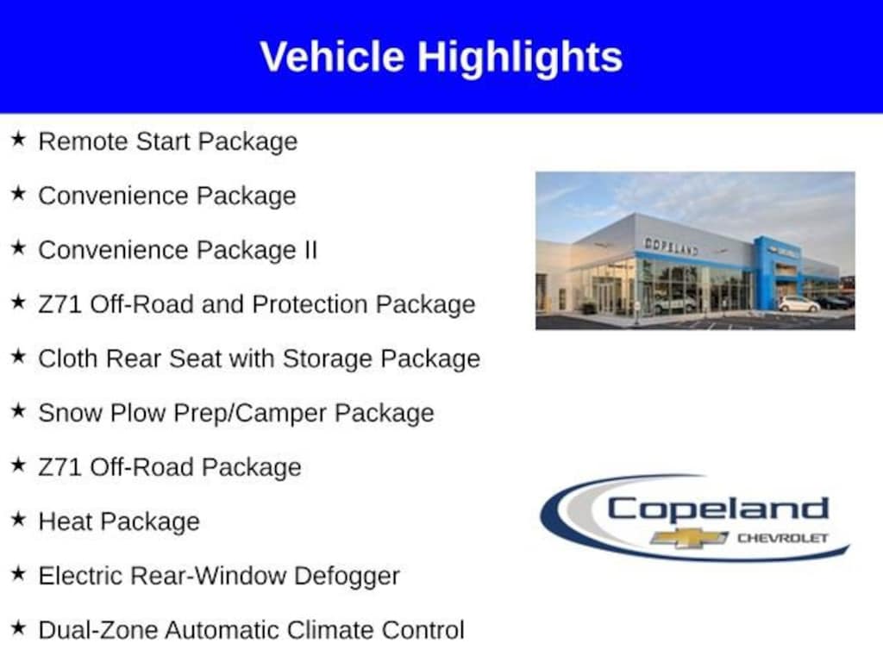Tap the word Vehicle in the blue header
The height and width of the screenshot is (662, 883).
click(332, 56)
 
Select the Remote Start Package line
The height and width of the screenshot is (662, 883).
click(168, 141)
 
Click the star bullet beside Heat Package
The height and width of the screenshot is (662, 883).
click(19, 518)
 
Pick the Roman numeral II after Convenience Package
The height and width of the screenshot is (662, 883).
click(310, 249)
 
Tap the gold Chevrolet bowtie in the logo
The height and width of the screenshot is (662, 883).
click(689, 538)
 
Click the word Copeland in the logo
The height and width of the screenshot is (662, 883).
click(718, 509)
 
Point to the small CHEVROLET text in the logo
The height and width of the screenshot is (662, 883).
click(783, 538)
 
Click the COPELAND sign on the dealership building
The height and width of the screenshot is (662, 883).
click(671, 246)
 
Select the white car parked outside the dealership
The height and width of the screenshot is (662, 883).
click(799, 304)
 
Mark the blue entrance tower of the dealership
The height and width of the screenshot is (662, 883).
click(779, 273)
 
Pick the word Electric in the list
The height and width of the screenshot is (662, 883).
click(80, 576)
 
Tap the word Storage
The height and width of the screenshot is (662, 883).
click(327, 359)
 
